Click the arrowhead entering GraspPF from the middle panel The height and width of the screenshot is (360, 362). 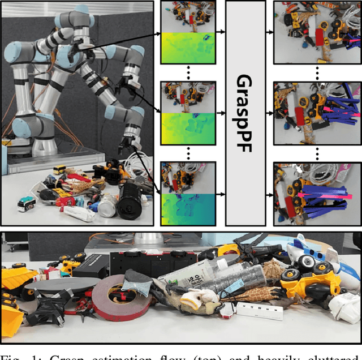(x=222, y=113)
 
